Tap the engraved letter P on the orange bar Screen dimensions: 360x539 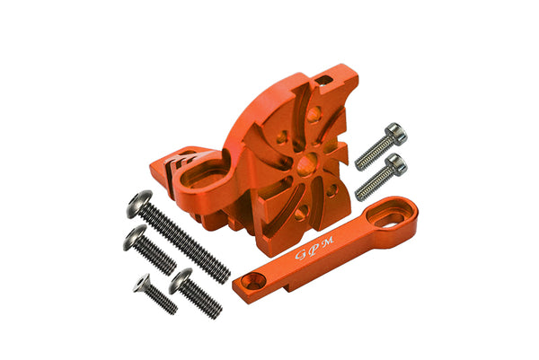pos(311,250)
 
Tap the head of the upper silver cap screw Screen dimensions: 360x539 pos(396,135)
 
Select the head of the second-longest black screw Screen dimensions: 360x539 pos(136,238)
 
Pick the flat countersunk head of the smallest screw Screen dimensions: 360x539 pos(142,285)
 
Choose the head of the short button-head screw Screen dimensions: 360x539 pos(181,279)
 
